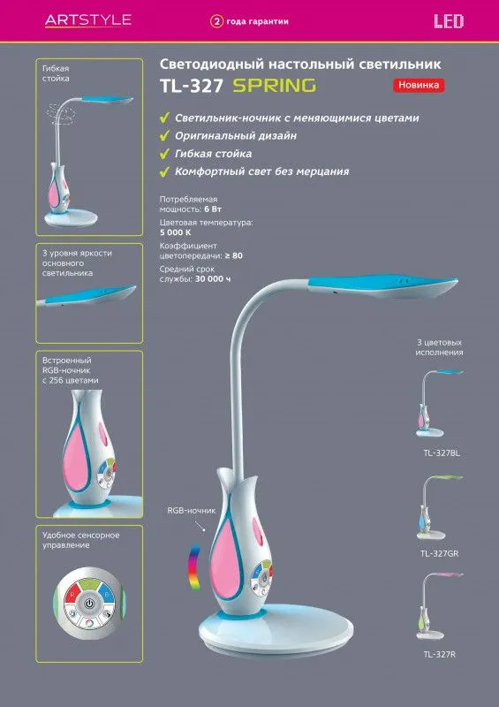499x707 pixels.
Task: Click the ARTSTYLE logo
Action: point(88,20)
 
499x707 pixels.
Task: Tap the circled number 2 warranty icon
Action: point(216,21)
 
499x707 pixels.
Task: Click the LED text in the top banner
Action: point(449,21)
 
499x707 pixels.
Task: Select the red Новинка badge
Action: point(419,85)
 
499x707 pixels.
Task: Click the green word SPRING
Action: point(275,85)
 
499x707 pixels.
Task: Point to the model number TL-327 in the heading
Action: point(192,86)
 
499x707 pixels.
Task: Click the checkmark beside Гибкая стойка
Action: point(164,154)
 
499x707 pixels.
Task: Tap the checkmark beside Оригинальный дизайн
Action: point(164,136)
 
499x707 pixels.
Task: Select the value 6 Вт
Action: point(213,209)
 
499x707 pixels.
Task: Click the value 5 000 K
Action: point(176,232)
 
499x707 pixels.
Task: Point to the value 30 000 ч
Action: point(213,279)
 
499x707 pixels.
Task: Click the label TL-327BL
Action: point(442,453)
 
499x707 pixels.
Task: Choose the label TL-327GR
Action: point(440,554)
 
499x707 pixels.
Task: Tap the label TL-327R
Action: point(440,654)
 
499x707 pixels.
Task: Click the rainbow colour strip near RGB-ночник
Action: point(194,566)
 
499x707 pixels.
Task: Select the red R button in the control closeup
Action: point(72,595)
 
